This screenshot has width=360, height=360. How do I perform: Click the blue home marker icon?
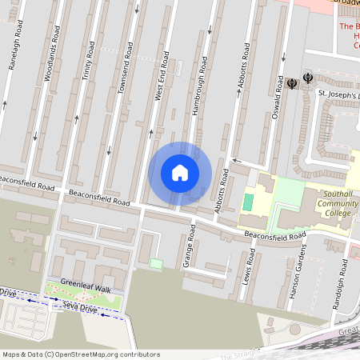click(x=180, y=173)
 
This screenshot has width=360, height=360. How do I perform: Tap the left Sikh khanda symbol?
click(x=292, y=82)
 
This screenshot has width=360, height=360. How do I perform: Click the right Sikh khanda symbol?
click(x=308, y=78)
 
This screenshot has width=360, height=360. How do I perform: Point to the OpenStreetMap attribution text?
click(x=80, y=354)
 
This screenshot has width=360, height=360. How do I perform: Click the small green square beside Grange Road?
click(x=156, y=264)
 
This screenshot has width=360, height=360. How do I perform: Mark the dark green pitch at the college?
click(x=248, y=202)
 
